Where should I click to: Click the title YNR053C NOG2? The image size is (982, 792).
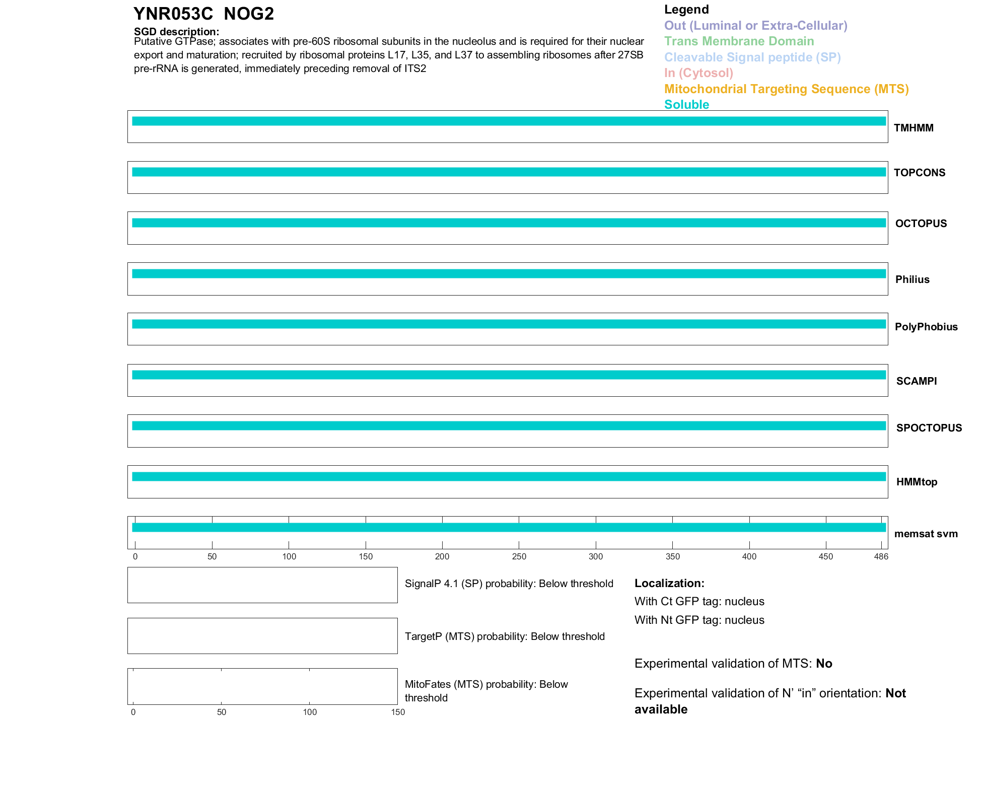pyautogui.click(x=203, y=14)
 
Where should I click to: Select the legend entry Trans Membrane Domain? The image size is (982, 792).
pyautogui.click(x=739, y=41)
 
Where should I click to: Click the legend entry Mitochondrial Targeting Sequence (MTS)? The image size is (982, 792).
pyautogui.click(x=786, y=89)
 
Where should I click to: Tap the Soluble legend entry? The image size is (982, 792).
pyautogui.click(x=686, y=105)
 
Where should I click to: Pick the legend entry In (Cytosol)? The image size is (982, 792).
pyautogui.click(x=698, y=73)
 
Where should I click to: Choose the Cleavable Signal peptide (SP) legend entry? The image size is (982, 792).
pyautogui.click(x=752, y=57)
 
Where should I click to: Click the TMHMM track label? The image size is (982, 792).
pyautogui.click(x=914, y=128)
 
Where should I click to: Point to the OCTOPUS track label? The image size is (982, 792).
pyautogui.click(x=921, y=224)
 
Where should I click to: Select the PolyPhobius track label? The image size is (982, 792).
pyautogui.click(x=926, y=327)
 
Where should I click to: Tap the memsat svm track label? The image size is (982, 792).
pyautogui.click(x=926, y=534)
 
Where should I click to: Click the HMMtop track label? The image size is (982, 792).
pyautogui.click(x=917, y=482)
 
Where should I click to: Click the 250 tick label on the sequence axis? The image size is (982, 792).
pyautogui.click(x=519, y=556)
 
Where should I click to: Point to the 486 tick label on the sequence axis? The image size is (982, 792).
pyautogui.click(x=881, y=556)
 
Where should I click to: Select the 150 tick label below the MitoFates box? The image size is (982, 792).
pyautogui.click(x=398, y=712)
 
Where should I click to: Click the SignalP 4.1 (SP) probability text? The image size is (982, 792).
pyautogui.click(x=509, y=584)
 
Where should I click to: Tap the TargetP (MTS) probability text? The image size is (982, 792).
pyautogui.click(x=505, y=636)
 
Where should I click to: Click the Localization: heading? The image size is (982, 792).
pyautogui.click(x=669, y=583)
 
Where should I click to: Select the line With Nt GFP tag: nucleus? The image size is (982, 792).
pyautogui.click(x=699, y=620)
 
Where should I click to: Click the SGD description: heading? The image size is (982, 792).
pyautogui.click(x=176, y=32)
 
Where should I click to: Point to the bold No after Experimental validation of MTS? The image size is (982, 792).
pyautogui.click(x=824, y=664)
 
